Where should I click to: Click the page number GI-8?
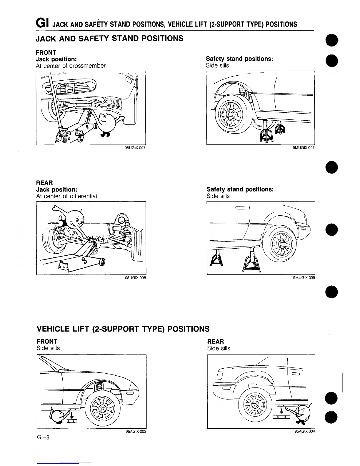point(43,437)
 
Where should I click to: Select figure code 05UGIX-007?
point(135,148)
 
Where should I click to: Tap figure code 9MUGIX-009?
point(304,277)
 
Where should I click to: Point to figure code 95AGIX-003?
point(136,432)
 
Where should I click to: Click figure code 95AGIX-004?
point(304,432)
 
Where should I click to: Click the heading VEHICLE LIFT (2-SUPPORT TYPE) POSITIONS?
point(123,329)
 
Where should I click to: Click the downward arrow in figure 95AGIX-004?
point(282,410)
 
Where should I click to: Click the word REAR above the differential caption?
point(44,183)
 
